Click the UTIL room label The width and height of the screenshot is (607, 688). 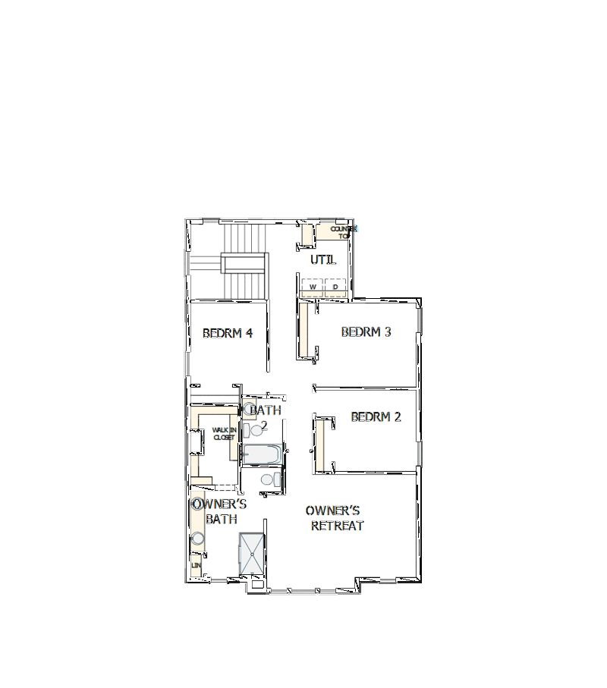pyautogui.click(x=322, y=260)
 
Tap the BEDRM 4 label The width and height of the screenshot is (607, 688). pyautogui.click(x=228, y=332)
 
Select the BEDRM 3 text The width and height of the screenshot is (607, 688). pyautogui.click(x=366, y=331)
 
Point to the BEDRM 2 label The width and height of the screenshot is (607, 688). pyautogui.click(x=376, y=416)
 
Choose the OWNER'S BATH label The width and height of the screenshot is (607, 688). pyautogui.click(x=220, y=511)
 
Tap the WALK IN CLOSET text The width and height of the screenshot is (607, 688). pyautogui.click(x=224, y=433)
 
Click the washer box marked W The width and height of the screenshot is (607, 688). pyautogui.click(x=313, y=287)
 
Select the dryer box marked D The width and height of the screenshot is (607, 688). pyautogui.click(x=335, y=287)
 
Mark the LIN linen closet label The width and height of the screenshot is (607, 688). pyautogui.click(x=196, y=565)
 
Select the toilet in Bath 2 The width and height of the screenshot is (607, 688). pyautogui.click(x=256, y=430)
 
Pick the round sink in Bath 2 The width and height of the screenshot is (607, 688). pyautogui.click(x=250, y=409)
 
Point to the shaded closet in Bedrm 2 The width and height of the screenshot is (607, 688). pyautogui.click(x=320, y=444)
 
